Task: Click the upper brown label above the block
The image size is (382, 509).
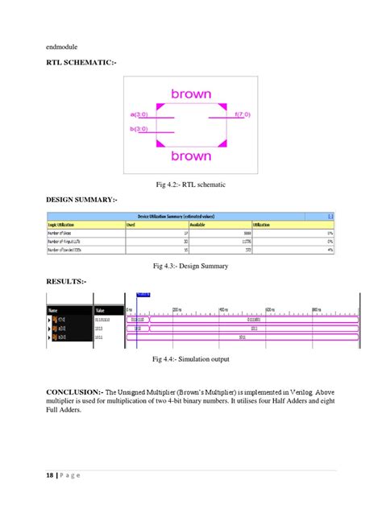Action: pyautogui.click(x=191, y=94)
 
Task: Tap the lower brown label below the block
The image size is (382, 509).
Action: pyautogui.click(x=191, y=155)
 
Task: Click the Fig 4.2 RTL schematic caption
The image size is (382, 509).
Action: pyautogui.click(x=191, y=184)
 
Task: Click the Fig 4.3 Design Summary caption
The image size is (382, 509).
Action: pyautogui.click(x=191, y=266)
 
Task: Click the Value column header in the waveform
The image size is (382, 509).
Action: pyautogui.click(x=101, y=310)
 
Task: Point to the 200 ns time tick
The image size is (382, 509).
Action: pyautogui.click(x=178, y=310)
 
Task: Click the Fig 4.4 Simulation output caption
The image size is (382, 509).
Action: pyautogui.click(x=191, y=360)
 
